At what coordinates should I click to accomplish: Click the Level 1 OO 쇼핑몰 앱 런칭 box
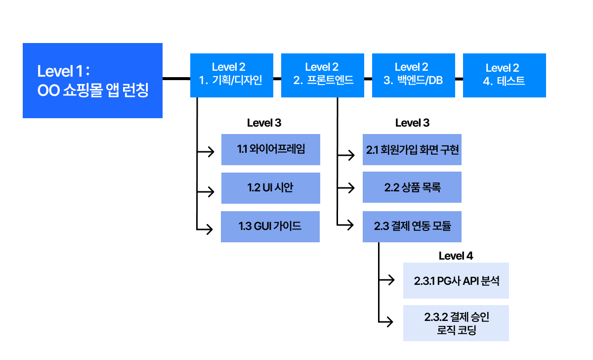click(x=92, y=81)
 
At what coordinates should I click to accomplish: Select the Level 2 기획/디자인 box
click(x=232, y=75)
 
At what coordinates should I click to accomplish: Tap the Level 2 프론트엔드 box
click(x=323, y=75)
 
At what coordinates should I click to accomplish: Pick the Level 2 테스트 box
click(x=504, y=75)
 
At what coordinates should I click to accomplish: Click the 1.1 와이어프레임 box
click(x=270, y=149)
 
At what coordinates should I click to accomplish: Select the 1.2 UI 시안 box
click(x=270, y=188)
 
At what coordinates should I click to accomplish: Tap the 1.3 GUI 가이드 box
click(x=270, y=226)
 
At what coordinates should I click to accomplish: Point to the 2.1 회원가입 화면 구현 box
click(x=412, y=149)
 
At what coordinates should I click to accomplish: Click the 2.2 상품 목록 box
click(x=412, y=187)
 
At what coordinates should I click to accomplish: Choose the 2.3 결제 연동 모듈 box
click(x=412, y=226)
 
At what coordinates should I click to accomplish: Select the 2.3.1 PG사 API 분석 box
click(x=456, y=280)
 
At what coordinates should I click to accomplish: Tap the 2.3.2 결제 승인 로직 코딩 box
click(x=456, y=323)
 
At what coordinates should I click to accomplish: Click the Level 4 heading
click(x=456, y=256)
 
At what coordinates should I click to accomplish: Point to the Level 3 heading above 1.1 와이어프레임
click(x=264, y=123)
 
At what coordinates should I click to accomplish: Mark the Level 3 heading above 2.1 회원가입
click(x=412, y=123)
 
